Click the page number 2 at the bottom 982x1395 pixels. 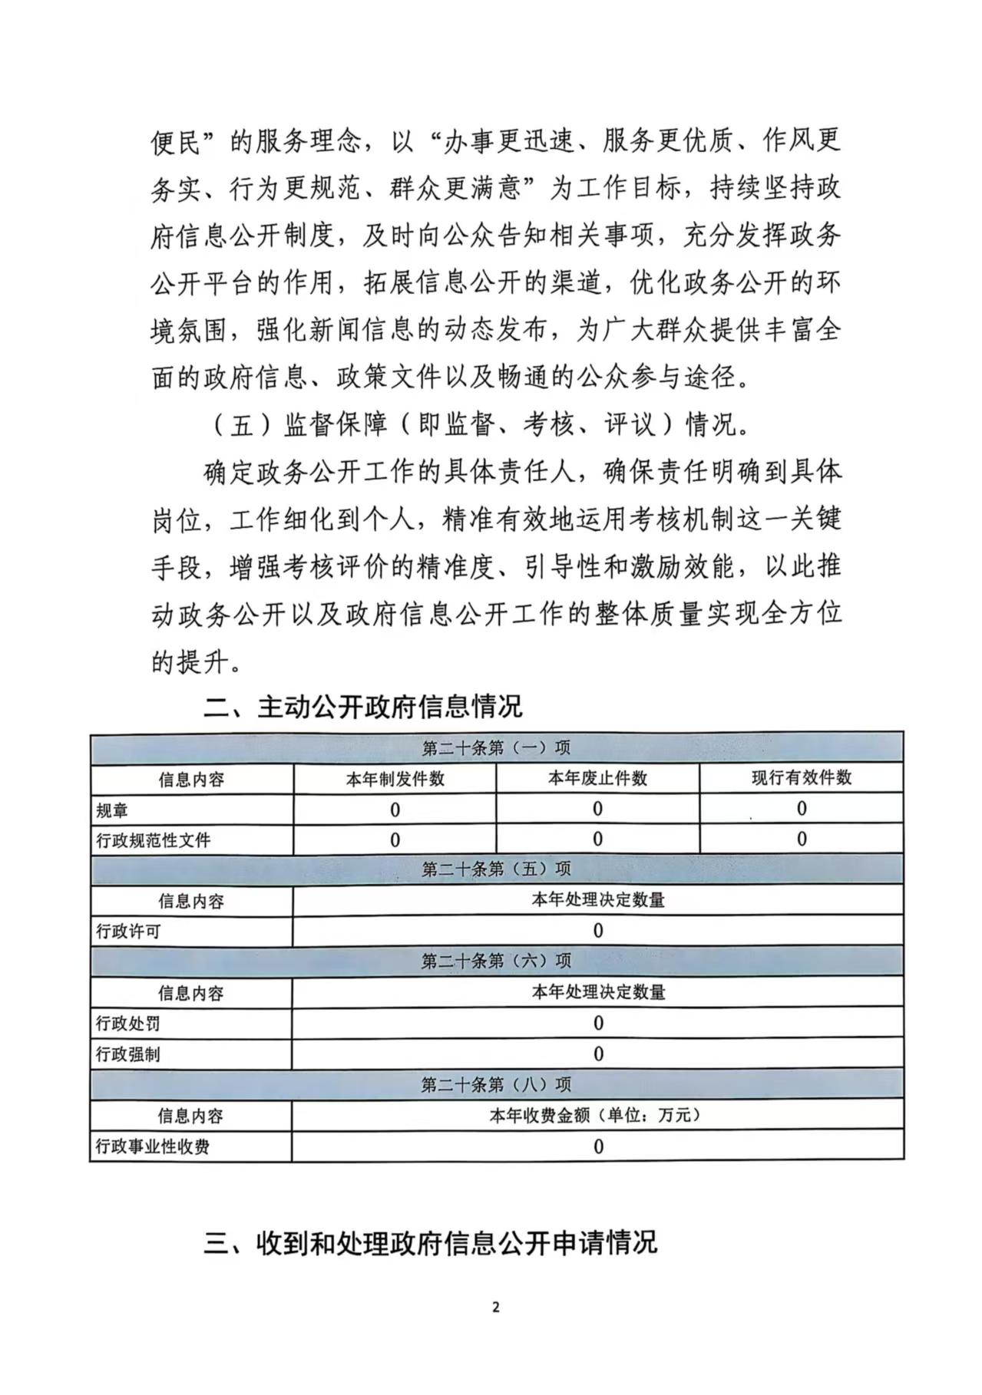[x=495, y=1308]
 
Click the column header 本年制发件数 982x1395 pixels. [x=395, y=779]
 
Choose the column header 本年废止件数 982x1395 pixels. [x=597, y=778]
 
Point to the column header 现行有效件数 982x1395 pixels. [x=801, y=777]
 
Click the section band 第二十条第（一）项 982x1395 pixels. [x=496, y=748]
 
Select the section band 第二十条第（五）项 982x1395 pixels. [x=496, y=869]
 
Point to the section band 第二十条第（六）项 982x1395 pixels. [x=496, y=961]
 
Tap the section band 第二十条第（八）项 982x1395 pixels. [x=496, y=1084]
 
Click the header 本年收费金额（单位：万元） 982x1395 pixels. [x=596, y=1116]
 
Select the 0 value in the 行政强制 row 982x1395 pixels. [x=598, y=1054]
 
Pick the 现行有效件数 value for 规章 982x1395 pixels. [x=802, y=809]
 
